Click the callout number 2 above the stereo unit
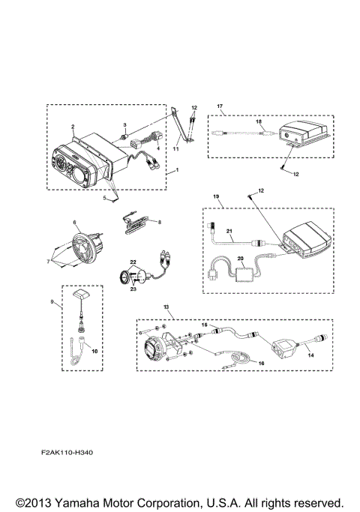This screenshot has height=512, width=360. click(72, 127)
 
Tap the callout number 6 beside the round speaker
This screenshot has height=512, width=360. click(74, 223)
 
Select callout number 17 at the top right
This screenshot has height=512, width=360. click(220, 107)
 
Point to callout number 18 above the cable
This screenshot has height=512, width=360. click(259, 121)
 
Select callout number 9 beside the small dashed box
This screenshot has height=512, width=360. click(52, 302)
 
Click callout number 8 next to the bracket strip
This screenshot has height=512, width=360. click(159, 222)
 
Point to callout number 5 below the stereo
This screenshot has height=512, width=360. click(105, 198)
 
